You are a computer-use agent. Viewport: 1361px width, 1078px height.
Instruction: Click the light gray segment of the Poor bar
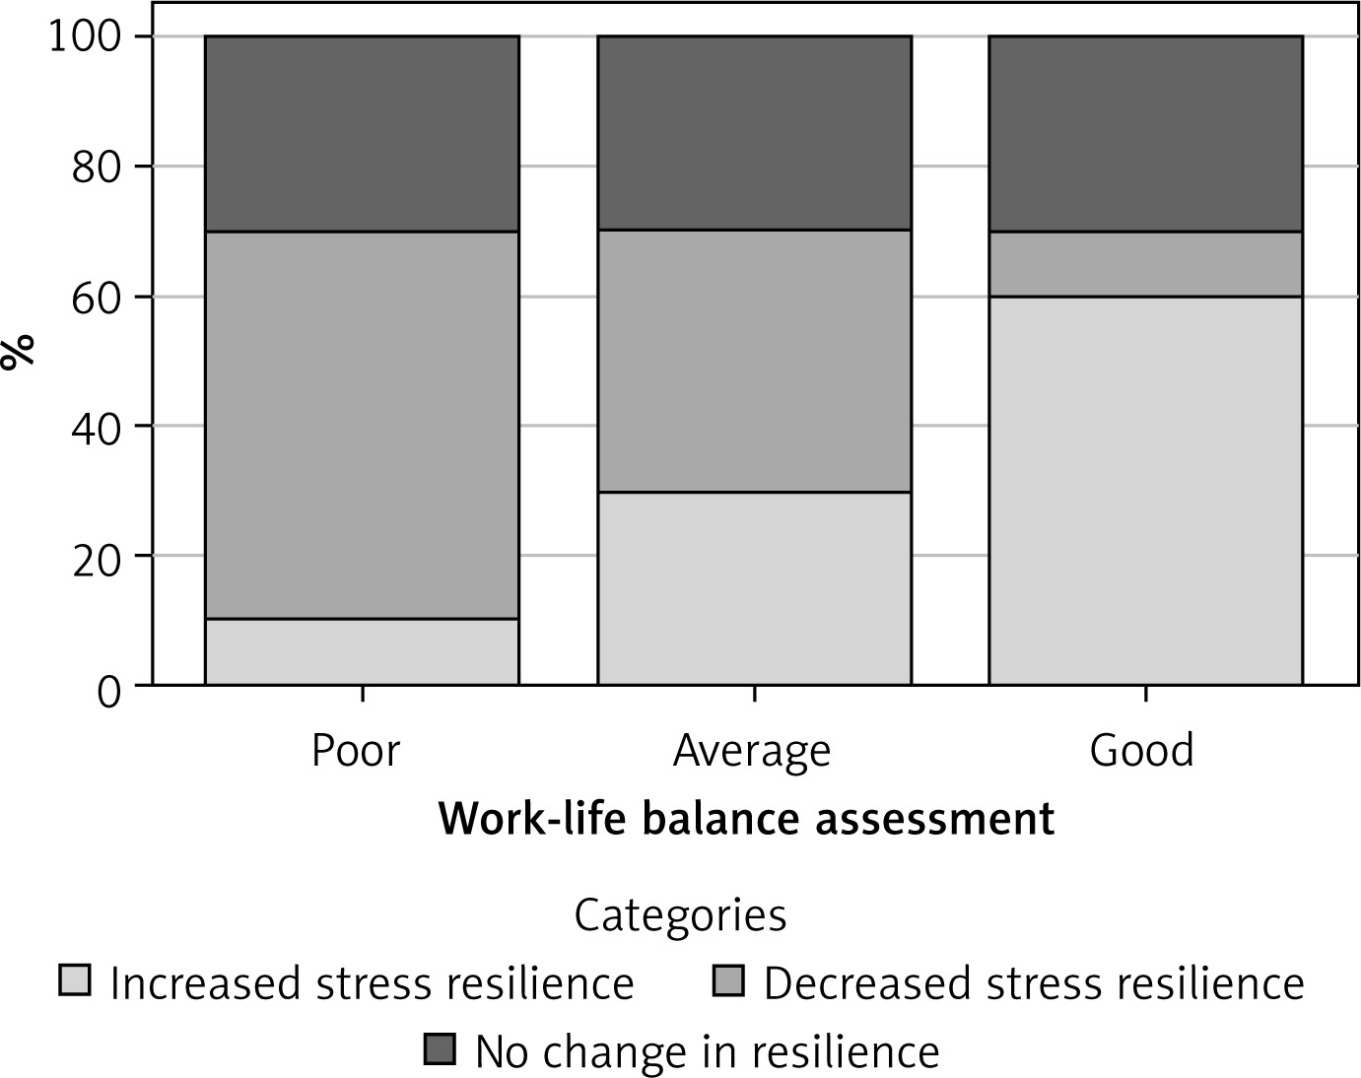[362, 651]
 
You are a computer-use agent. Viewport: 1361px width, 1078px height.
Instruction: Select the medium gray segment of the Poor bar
[362, 425]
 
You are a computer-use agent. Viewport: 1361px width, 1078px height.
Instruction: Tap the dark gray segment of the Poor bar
[362, 134]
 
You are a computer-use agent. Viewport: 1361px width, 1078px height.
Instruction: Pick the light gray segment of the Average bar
[754, 587]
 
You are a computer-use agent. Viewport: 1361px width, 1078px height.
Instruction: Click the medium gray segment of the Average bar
[754, 361]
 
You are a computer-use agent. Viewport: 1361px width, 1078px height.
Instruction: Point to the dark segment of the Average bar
[754, 133]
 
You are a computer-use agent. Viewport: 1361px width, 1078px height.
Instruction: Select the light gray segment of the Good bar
[1145, 490]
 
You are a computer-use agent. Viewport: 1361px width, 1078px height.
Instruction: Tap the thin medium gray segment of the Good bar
[1145, 263]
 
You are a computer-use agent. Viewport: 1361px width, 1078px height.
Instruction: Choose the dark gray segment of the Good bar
[1145, 134]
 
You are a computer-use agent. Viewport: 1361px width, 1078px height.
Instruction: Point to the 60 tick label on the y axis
[96, 298]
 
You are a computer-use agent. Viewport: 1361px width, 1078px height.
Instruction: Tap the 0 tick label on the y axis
[108, 689]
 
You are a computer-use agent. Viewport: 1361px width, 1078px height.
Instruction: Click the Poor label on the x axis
[356, 750]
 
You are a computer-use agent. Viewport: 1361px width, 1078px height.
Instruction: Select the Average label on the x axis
[752, 752]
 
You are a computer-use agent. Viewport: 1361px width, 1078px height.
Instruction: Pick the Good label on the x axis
[1141, 750]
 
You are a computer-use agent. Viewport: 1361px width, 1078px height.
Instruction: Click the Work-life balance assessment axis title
[746, 819]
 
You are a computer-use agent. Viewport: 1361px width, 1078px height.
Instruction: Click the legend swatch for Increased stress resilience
[75, 980]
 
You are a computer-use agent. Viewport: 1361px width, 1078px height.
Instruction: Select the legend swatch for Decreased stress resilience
[728, 980]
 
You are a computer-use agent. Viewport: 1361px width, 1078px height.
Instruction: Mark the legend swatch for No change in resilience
[440, 1049]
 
